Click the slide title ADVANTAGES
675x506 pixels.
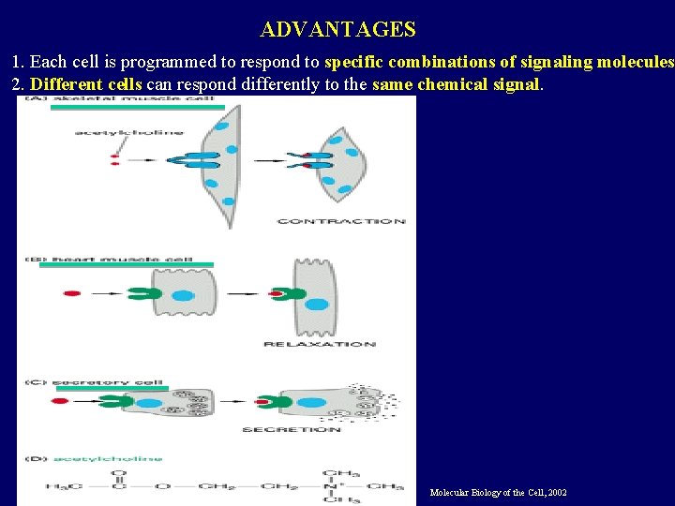(x=337, y=29)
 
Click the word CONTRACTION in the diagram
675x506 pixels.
(x=341, y=221)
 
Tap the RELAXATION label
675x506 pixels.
(x=320, y=344)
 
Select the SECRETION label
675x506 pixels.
(x=292, y=429)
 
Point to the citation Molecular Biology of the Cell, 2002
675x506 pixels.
(x=498, y=493)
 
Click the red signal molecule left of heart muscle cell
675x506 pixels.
(x=72, y=294)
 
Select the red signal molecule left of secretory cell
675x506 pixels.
(x=60, y=401)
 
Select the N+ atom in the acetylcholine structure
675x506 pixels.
(x=335, y=486)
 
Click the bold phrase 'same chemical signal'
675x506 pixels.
(x=457, y=84)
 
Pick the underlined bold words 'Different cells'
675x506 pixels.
(x=86, y=84)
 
